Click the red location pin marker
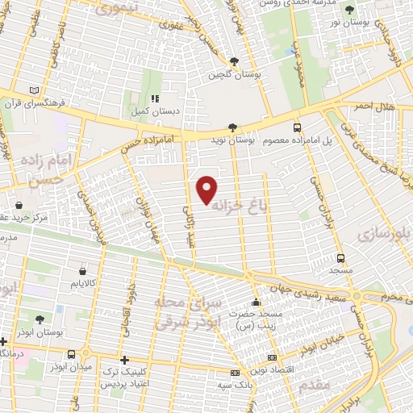207,189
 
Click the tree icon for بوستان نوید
232,127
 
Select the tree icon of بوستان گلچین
234,61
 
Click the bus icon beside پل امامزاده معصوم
298,127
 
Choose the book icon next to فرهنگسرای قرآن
33,90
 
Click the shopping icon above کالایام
81,271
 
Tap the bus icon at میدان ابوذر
73,354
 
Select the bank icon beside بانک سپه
236,373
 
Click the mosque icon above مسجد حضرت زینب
256,301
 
